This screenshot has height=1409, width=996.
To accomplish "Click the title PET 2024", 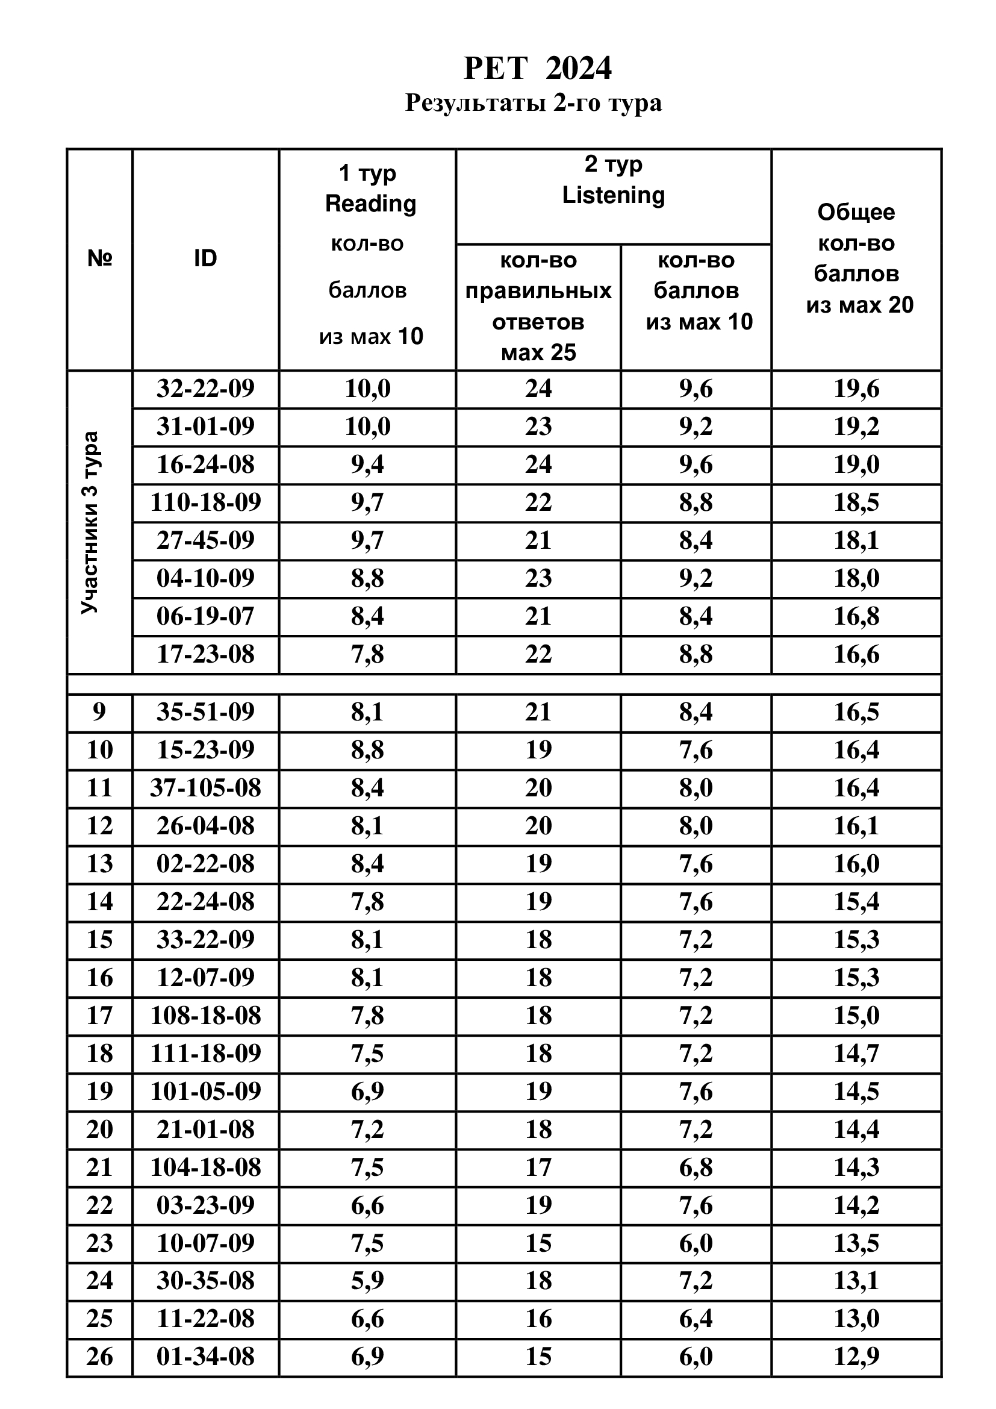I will tap(537, 68).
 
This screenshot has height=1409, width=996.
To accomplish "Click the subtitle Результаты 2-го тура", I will tap(534, 102).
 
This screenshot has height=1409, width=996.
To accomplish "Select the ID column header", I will tap(205, 259).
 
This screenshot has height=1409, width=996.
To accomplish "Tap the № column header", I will tap(99, 259).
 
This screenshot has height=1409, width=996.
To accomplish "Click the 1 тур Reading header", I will tap(370, 189).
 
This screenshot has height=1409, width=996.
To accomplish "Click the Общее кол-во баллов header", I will tap(857, 258).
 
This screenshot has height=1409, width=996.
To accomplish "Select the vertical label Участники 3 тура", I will tap(90, 522).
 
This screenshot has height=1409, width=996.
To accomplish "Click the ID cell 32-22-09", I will tap(205, 389).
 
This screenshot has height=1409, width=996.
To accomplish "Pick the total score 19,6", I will tap(856, 389).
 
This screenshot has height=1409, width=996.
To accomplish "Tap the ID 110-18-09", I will tap(205, 502).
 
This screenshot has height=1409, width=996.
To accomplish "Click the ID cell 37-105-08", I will tap(205, 788).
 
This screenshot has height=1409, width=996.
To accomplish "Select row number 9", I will tap(99, 712).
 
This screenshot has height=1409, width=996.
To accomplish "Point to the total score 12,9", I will tap(856, 1356).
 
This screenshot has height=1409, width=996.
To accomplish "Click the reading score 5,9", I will tap(367, 1280).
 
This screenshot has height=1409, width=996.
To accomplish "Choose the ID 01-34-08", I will tap(205, 1356).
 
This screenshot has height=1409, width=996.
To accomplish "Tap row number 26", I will tap(99, 1356).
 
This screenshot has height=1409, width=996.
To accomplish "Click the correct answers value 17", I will tap(538, 1167).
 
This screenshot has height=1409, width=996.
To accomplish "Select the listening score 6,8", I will tap(696, 1167).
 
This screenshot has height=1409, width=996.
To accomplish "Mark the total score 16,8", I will tap(856, 616).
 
